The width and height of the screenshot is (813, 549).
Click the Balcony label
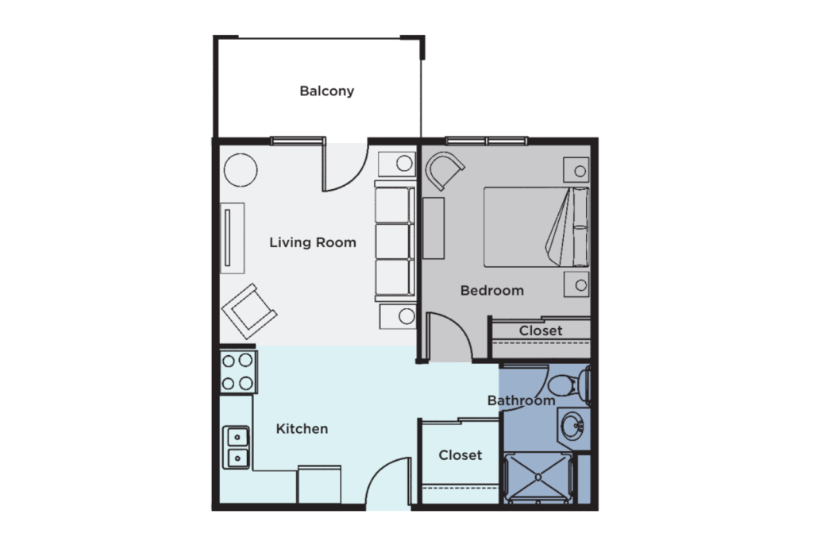point(326,91)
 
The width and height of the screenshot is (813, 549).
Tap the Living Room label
point(312,242)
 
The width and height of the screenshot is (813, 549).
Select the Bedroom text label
point(491,290)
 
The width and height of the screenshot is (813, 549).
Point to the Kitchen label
point(302,429)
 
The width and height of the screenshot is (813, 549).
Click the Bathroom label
point(521,400)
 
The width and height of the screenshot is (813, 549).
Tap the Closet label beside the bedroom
point(541,331)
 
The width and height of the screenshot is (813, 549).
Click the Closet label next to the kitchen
point(460,455)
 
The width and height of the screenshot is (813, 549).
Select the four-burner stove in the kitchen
point(238,372)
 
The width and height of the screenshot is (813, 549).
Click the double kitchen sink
point(237,447)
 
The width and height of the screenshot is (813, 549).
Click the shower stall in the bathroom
point(538,477)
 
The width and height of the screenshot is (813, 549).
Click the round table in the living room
point(240,169)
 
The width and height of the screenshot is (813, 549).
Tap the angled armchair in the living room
point(249,311)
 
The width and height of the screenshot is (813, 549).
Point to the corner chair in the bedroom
point(444,171)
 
